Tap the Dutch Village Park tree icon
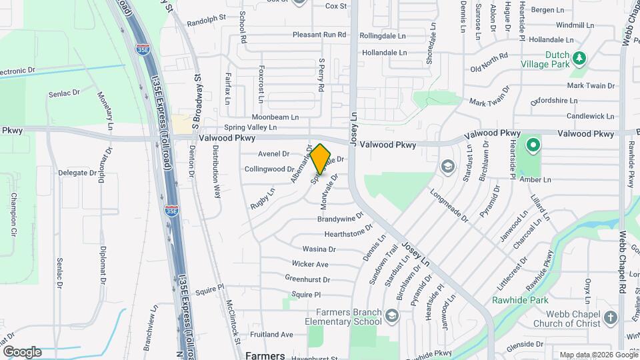point(580,58)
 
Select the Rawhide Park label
point(520,300)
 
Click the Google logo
point(22,351)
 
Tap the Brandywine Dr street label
point(340,218)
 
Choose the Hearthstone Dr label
point(348,233)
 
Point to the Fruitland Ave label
point(271,334)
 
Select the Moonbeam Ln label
point(280,117)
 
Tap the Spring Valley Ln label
point(250,127)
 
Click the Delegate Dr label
point(77,173)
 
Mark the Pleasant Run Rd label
point(319,35)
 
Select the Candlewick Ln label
point(591,116)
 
